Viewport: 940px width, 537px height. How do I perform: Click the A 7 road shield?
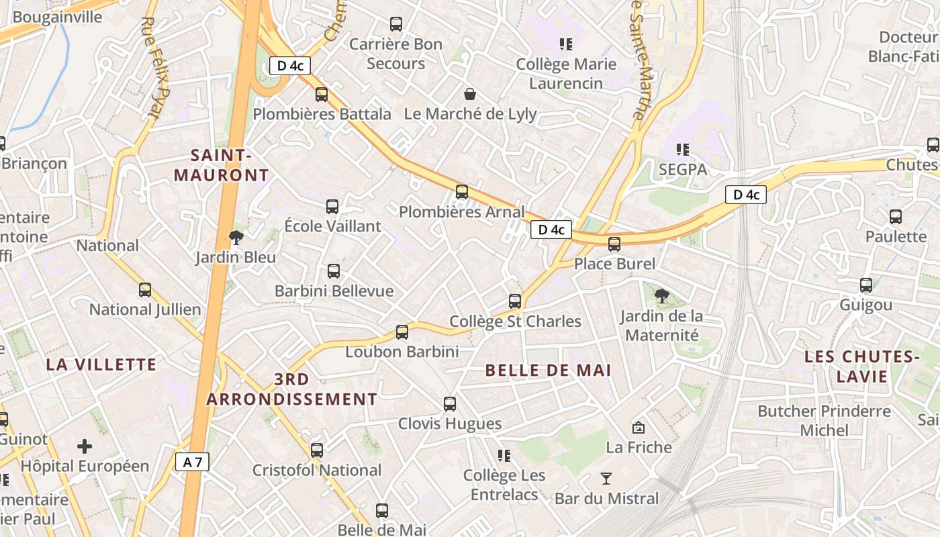tap(193, 462)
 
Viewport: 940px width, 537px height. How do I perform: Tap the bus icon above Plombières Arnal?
tap(462, 192)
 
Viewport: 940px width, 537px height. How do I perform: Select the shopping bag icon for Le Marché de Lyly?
tap(470, 93)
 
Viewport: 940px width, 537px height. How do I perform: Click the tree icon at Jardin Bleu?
tap(236, 236)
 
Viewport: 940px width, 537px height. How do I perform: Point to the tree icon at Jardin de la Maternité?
tap(662, 295)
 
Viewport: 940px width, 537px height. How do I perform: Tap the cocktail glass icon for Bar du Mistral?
tap(606, 479)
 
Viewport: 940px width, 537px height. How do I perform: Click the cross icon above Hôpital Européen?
tap(85, 446)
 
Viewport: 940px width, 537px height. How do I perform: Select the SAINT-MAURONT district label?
tap(222, 165)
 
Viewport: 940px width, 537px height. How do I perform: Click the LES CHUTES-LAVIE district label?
tap(862, 367)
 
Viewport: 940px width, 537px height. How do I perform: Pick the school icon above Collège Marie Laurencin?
tap(566, 44)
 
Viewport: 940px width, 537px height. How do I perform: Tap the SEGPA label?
tap(683, 170)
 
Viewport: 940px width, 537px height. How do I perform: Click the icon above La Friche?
tap(639, 427)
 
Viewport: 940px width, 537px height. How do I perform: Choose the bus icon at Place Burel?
tap(614, 244)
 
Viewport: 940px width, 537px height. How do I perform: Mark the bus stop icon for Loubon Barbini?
tap(402, 332)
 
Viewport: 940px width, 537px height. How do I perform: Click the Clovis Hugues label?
tap(450, 424)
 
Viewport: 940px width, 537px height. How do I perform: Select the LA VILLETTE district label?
tap(101, 364)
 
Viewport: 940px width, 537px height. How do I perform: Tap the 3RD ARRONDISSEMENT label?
tap(292, 389)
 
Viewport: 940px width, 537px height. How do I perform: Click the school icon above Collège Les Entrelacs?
tap(504, 456)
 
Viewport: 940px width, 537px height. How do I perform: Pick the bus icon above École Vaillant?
tap(332, 207)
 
